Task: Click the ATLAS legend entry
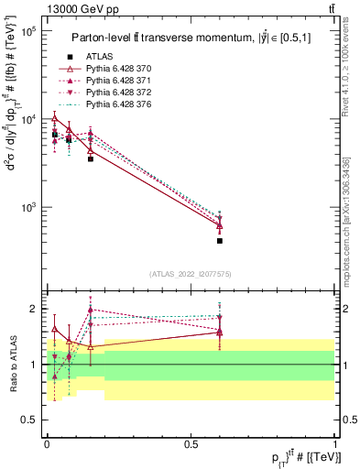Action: tap(101, 57)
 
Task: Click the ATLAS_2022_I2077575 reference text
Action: tap(191, 274)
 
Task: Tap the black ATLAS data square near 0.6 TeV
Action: tap(220, 241)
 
